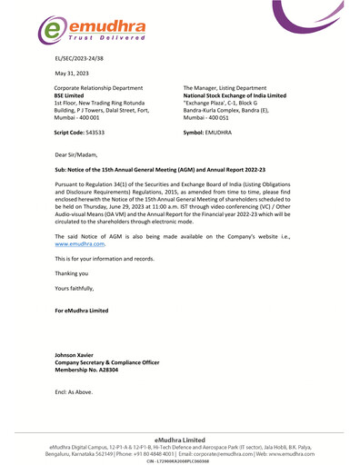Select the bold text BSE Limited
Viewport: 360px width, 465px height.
click(74, 94)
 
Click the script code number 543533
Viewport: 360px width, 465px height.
click(95, 133)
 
